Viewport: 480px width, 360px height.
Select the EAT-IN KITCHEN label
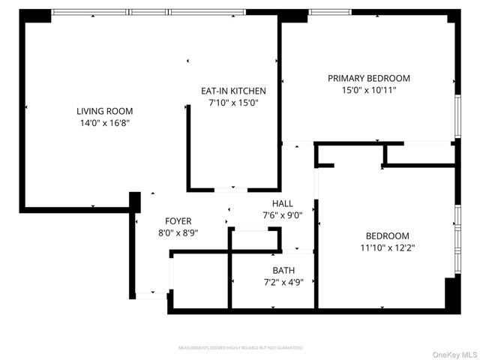click(232, 91)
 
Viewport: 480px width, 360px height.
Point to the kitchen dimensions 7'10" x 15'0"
click(232, 103)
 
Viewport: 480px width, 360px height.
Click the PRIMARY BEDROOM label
click(369, 78)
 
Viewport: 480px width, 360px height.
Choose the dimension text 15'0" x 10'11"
click(369, 90)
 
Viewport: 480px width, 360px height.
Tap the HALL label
click(283, 203)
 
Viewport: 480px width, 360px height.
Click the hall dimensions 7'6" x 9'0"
click(283, 215)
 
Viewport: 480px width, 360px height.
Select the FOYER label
click(178, 220)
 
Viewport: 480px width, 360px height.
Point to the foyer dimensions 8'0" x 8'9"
click(178, 232)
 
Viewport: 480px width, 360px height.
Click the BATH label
click(283, 270)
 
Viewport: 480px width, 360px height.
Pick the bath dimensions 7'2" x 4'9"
click(283, 283)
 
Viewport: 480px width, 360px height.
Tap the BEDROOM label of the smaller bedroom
click(388, 235)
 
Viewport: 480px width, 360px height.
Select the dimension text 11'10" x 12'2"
click(388, 247)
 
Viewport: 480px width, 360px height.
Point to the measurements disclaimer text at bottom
click(240, 348)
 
